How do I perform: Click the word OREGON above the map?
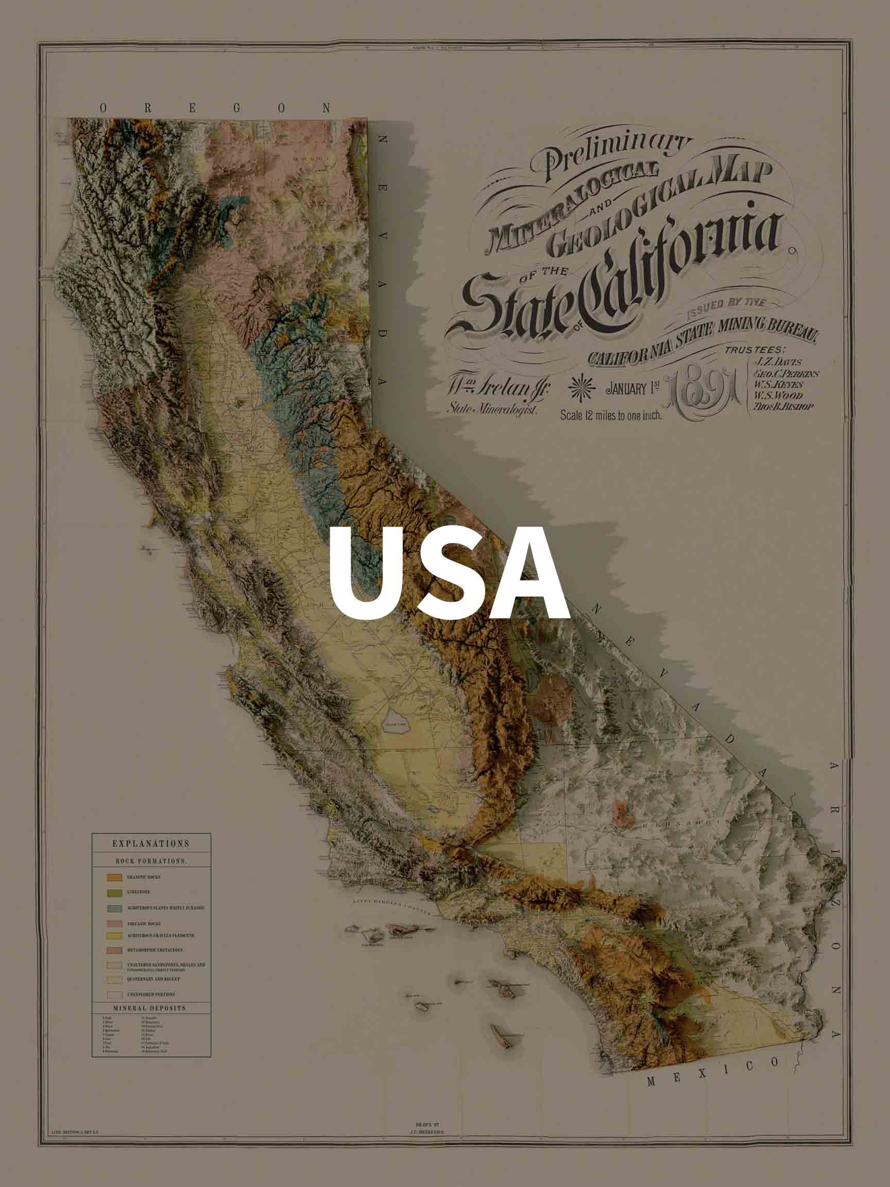point(215,108)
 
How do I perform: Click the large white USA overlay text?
point(449,572)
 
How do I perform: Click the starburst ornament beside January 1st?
point(581,388)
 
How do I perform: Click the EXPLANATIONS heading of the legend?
point(151,843)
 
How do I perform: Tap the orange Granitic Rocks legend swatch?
point(115,877)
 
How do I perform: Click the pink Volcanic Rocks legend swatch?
point(115,924)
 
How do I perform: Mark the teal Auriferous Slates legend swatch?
point(115,908)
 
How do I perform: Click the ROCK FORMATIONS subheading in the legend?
point(151,861)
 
